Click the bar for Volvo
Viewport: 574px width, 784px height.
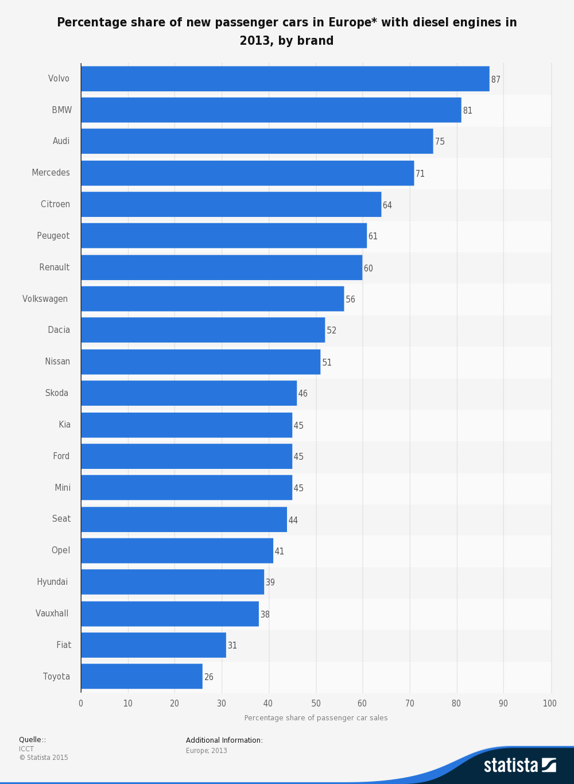(285, 79)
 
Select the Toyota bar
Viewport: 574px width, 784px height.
(142, 676)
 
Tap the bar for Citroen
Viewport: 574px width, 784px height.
(231, 204)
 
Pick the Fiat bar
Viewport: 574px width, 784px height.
(153, 645)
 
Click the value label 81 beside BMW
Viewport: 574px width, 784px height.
(468, 110)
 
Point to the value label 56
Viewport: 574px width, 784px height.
(350, 300)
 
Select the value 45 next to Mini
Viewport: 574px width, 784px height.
(298, 488)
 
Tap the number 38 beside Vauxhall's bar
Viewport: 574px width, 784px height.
(265, 615)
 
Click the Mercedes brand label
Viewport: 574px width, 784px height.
(51, 173)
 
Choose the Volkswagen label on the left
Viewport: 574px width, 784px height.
(45, 299)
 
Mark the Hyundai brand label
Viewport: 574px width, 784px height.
(52, 582)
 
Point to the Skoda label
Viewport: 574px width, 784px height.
(57, 393)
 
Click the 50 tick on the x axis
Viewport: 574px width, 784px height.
(316, 704)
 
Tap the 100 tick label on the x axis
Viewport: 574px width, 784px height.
(549, 704)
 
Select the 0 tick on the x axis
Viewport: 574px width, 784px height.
(81, 704)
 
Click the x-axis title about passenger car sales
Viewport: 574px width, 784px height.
(316, 718)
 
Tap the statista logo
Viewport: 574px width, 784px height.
(519, 765)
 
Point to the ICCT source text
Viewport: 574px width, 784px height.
(26, 749)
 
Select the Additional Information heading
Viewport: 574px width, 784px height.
(224, 740)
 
